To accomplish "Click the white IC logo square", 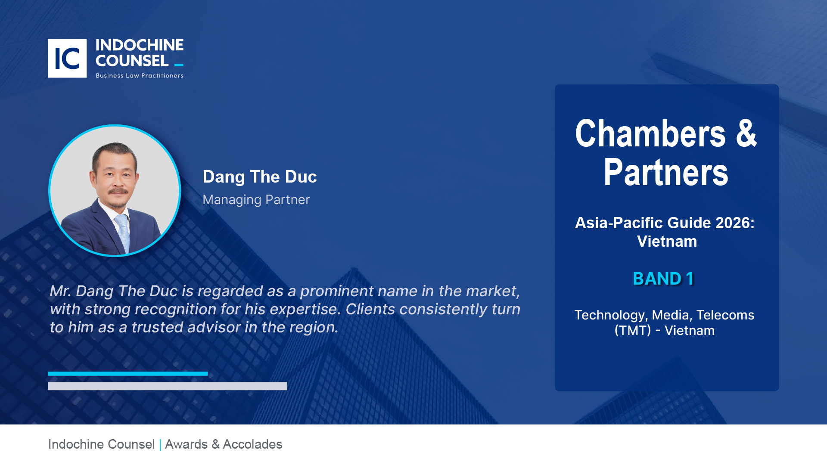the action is [67, 59].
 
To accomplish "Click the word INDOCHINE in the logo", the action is [140, 45].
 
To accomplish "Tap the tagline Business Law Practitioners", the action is [140, 76].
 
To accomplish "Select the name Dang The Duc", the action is [260, 177].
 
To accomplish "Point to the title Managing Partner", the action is [256, 200].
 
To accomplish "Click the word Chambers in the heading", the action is [650, 133].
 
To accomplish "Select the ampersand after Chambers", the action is [746, 133].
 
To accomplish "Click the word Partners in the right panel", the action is [666, 172].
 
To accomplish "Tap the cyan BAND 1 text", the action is [663, 279].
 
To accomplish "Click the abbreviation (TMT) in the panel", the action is [633, 331].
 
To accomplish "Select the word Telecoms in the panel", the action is [725, 315].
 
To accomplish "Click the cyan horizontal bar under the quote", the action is [128, 374].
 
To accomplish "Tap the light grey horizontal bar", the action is [168, 386].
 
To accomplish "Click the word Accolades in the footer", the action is [252, 444].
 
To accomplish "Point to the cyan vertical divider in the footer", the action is [160, 445].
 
